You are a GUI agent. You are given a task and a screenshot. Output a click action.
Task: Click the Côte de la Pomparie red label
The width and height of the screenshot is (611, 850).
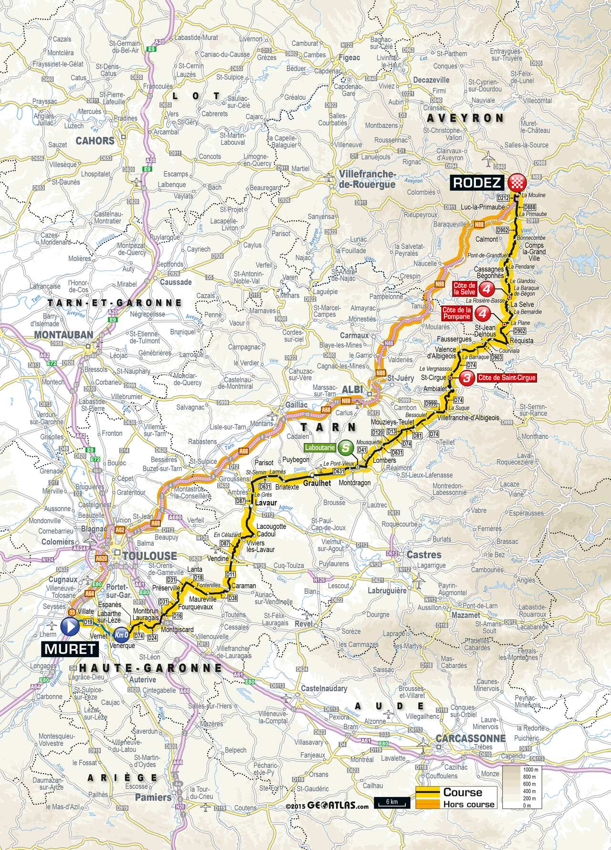pyautogui.click(x=458, y=313)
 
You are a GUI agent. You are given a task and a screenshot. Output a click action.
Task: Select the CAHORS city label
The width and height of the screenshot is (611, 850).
pyautogui.click(x=95, y=141)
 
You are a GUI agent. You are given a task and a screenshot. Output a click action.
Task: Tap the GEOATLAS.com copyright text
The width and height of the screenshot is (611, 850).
pyautogui.click(x=334, y=806)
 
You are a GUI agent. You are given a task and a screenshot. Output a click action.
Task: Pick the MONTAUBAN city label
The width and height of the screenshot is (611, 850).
pyautogui.click(x=63, y=335)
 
